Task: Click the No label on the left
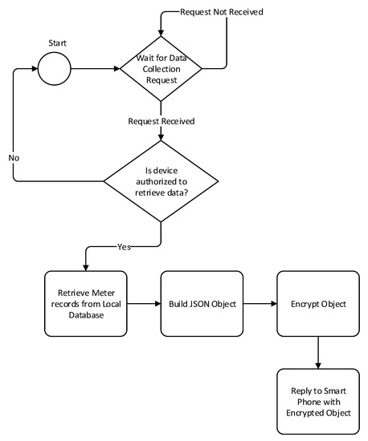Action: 14,159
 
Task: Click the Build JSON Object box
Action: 200,305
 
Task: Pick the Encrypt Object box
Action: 318,305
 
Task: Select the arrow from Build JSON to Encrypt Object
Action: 259,305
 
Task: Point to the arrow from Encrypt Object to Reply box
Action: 318,353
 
